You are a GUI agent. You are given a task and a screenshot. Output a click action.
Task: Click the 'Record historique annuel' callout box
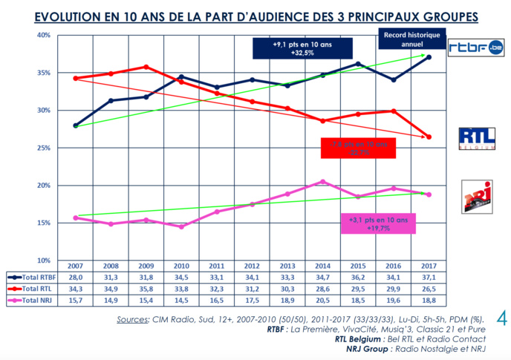[x=411, y=39]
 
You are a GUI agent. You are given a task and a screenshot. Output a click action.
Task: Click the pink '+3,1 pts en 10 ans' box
[x=378, y=224]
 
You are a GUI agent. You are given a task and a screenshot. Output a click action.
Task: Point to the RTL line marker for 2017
[x=429, y=137]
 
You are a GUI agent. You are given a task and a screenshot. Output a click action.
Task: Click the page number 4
[x=500, y=320]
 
